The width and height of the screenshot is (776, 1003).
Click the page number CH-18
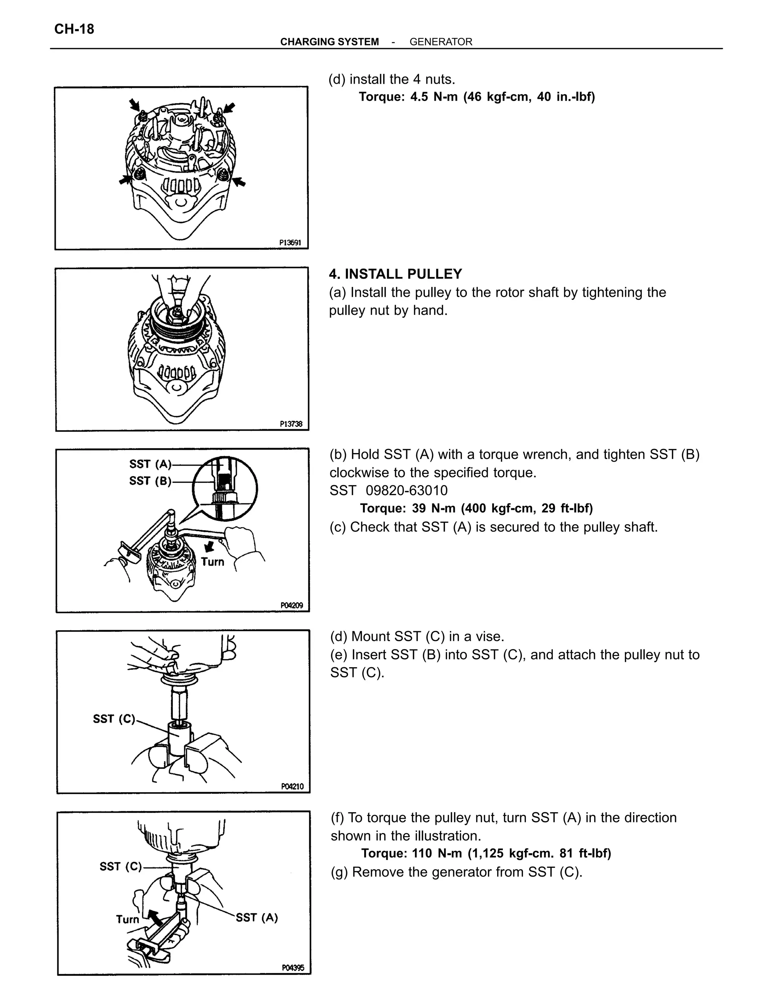click(74, 29)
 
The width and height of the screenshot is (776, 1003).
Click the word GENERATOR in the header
click(440, 42)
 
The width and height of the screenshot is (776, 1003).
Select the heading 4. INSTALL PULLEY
click(395, 274)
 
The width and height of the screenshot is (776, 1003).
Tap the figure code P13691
click(290, 242)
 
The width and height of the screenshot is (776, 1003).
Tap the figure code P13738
click(291, 424)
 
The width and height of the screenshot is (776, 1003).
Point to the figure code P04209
click(291, 605)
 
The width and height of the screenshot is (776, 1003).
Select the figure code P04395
click(293, 968)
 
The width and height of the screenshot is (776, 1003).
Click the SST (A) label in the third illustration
click(150, 464)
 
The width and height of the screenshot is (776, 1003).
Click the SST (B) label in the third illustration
click(150, 481)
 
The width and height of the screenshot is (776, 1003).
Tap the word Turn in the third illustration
click(213, 562)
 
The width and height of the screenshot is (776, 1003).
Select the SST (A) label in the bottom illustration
click(257, 917)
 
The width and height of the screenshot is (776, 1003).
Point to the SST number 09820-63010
click(407, 491)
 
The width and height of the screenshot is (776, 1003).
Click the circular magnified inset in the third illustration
click(224, 488)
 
